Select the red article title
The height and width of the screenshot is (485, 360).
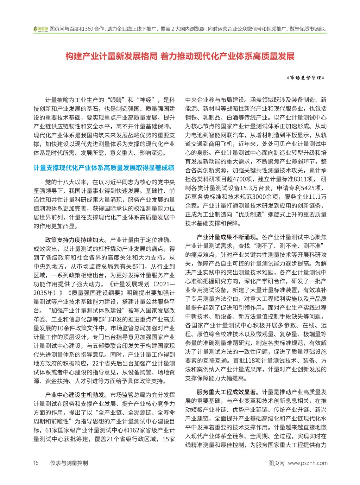coord(180,56)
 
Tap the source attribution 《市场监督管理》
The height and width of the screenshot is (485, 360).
coord(305,78)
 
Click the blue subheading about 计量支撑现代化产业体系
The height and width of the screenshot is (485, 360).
coord(104,168)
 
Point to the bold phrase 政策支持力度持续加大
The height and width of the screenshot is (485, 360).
coord(75,240)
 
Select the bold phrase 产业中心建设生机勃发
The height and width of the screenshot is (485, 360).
coord(75,394)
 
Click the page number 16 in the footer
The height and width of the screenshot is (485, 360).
coord(36,463)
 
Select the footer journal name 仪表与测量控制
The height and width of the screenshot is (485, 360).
coord(69,463)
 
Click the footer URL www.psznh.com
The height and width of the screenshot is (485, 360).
coord(308,463)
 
